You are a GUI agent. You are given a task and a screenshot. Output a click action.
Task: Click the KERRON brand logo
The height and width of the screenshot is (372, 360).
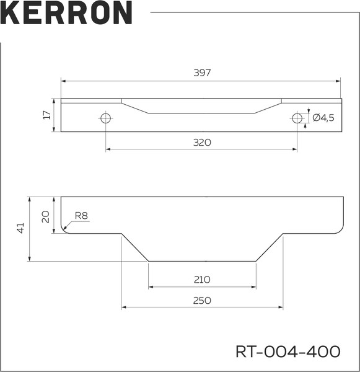click(66, 13)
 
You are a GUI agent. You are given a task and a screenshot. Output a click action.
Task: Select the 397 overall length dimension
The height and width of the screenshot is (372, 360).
click(202, 73)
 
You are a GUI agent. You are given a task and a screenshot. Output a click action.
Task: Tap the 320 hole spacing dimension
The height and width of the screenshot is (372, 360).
click(202, 142)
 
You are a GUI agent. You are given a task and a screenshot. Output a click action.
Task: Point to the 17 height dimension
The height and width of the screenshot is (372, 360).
click(46, 115)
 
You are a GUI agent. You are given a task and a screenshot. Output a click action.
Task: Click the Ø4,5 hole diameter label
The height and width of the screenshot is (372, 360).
click(323, 118)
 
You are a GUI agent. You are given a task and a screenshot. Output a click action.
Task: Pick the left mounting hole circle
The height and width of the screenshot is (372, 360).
click(106, 118)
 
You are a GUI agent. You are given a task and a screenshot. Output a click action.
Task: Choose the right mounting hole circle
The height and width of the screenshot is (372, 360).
click(297, 118)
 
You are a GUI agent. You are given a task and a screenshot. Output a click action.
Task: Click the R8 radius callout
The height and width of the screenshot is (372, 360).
click(81, 216)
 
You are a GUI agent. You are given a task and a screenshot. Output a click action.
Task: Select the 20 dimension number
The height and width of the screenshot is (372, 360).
click(45, 215)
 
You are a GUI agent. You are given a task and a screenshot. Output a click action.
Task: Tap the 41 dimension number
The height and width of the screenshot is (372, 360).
click(20, 228)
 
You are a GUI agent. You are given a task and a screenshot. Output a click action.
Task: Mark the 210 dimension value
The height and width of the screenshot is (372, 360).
click(202, 280)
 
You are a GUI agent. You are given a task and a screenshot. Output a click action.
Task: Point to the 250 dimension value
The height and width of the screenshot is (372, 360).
click(202, 300)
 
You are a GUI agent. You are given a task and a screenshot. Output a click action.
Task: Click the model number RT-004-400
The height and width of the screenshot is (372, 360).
click(288, 352)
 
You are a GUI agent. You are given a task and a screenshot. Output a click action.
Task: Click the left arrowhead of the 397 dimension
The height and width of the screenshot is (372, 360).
click(63, 81)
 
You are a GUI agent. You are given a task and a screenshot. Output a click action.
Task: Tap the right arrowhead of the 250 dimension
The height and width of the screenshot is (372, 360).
click(280, 307)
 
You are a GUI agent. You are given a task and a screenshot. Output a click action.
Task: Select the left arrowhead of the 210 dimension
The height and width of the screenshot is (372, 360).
click(151, 287)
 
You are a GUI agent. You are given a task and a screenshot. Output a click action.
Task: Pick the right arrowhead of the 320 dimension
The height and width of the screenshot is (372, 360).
click(294, 149)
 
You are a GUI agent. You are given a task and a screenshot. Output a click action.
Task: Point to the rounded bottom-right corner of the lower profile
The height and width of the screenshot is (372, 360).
click(338, 229)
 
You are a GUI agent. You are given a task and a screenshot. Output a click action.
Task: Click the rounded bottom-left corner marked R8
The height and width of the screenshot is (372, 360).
click(64, 229)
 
